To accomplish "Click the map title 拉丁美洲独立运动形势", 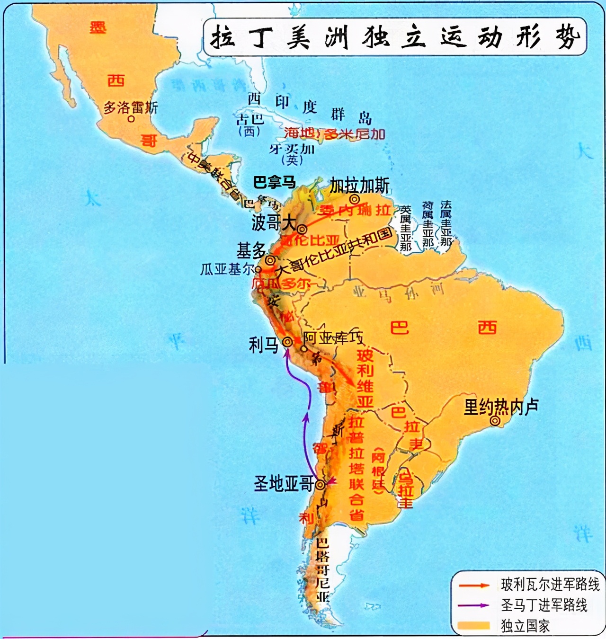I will pyautogui.click(x=395, y=37).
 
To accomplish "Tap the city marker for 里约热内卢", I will pyautogui.click(x=495, y=421).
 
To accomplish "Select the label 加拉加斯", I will pyautogui.click(x=360, y=186).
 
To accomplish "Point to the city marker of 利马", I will pyautogui.click(x=287, y=342).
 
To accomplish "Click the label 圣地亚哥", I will pyautogui.click(x=284, y=484).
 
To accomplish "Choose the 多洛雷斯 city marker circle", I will pyautogui.click(x=131, y=119).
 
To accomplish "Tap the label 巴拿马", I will pyautogui.click(x=275, y=182).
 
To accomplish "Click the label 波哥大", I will pyautogui.click(x=274, y=222).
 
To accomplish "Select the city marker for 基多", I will pyautogui.click(x=270, y=260).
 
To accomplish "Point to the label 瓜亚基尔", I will pyautogui.click(x=227, y=269).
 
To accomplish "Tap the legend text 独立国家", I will pyautogui.click(x=525, y=626).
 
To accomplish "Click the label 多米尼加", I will pyautogui.click(x=355, y=134).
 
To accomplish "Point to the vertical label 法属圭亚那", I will pyautogui.click(x=446, y=223).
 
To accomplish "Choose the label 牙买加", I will pyautogui.click(x=292, y=149).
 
